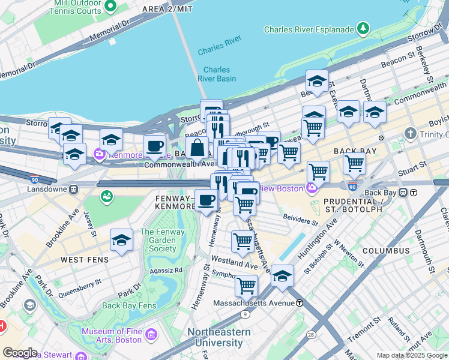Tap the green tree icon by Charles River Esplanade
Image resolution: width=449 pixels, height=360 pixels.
pos(363,28)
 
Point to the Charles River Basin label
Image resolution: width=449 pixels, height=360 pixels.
pos(217,74)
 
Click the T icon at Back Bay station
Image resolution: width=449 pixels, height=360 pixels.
pos(414,193)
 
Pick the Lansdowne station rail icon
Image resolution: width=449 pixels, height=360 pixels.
pos(73,189)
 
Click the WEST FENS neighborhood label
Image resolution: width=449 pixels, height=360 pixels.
pos(85,260)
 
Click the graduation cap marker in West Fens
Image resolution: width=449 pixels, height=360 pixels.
pos(122,241)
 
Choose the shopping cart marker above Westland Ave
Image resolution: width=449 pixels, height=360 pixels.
pos(243,241)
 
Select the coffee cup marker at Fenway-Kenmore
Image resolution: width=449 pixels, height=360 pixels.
pos(206,200)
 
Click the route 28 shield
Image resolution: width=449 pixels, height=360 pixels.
pos(311,334)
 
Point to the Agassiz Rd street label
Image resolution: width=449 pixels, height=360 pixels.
pos(166,270)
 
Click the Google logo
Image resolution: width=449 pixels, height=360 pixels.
pos(20,352)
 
